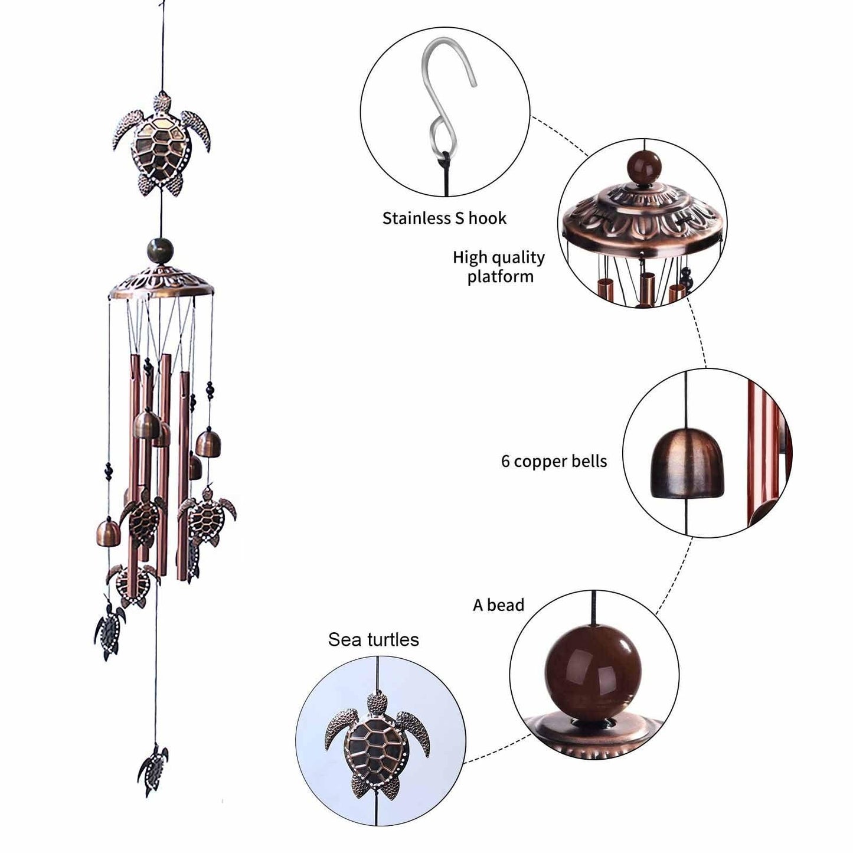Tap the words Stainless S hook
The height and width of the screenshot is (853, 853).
(x=444, y=218)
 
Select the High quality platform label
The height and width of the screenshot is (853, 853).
(x=499, y=267)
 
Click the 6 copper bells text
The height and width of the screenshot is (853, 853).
(x=554, y=461)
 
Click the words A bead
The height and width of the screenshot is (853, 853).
(x=498, y=605)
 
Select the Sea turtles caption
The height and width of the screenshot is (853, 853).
(x=373, y=640)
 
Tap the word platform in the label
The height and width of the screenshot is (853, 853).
(x=500, y=276)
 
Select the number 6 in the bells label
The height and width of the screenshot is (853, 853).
(x=505, y=462)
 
